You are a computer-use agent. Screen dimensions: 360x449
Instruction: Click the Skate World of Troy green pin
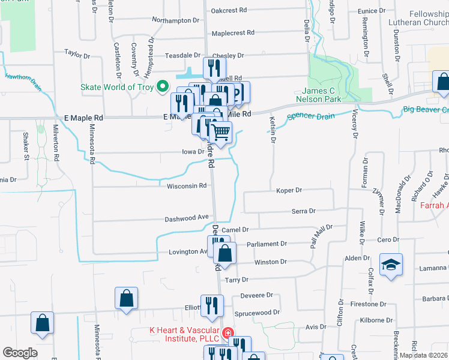[x=161, y=88]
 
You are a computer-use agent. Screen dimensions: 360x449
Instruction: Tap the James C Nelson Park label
[x=317, y=94]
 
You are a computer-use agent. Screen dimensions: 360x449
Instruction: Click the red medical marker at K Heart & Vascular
[x=228, y=334]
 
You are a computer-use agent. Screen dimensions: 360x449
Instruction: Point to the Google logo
[x=20, y=353]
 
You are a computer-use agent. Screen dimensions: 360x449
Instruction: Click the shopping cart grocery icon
[x=221, y=131]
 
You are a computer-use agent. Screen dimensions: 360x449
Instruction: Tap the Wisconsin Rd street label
[x=186, y=186]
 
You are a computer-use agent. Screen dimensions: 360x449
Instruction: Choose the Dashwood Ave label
[x=187, y=217]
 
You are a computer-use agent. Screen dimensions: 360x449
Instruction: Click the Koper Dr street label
[x=289, y=190]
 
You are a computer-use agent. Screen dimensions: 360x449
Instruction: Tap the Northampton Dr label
[x=175, y=20]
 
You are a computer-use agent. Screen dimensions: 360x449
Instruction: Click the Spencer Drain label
[x=310, y=116]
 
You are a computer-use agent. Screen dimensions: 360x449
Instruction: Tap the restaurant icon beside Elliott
[x=212, y=305]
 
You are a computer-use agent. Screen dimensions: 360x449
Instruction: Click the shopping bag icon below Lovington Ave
[x=224, y=253]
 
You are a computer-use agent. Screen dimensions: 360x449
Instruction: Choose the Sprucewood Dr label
[x=259, y=313]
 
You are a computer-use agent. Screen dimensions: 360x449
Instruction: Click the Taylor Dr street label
[x=77, y=54]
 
